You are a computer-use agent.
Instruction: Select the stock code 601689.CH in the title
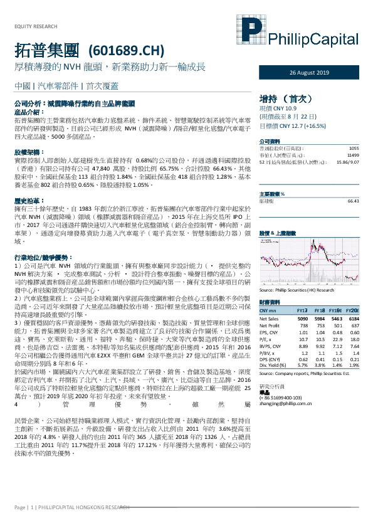[x=127, y=50]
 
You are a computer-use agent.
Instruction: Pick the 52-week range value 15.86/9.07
[x=347, y=162]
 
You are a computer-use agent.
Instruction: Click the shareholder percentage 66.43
[x=352, y=201]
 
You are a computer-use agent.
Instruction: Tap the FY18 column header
[x=318, y=310]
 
